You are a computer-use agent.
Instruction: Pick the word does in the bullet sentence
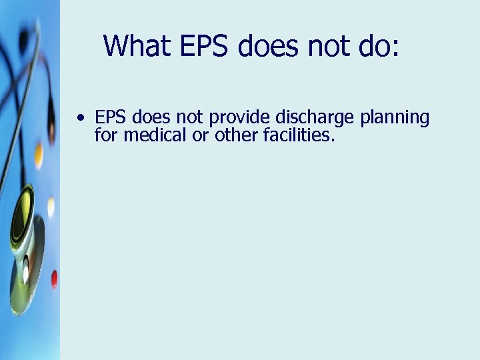click(x=150, y=118)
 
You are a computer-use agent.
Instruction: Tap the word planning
click(x=395, y=119)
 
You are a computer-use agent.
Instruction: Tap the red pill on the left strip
click(x=54, y=278)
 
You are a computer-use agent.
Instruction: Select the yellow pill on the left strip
click(x=39, y=155)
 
